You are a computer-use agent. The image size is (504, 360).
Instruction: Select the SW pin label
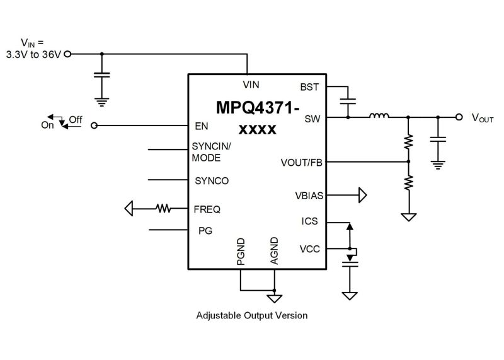click(x=312, y=118)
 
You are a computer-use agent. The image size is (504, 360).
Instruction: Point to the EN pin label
click(x=202, y=126)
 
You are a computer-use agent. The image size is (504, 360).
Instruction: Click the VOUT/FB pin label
click(x=301, y=163)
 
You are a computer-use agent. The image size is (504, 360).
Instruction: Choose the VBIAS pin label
click(x=309, y=195)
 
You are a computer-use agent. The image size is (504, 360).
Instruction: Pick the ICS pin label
click(x=310, y=221)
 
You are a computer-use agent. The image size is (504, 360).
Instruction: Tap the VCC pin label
click(x=309, y=250)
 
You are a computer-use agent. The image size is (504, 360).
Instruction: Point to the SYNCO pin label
click(x=212, y=180)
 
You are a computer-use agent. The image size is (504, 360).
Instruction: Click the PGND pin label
click(x=241, y=251)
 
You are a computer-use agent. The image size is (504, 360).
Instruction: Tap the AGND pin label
click(x=274, y=250)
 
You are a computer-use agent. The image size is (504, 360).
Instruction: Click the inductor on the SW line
click(x=379, y=115)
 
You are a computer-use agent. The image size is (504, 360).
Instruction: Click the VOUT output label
click(x=483, y=118)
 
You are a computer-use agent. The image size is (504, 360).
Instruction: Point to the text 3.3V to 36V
click(x=35, y=54)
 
